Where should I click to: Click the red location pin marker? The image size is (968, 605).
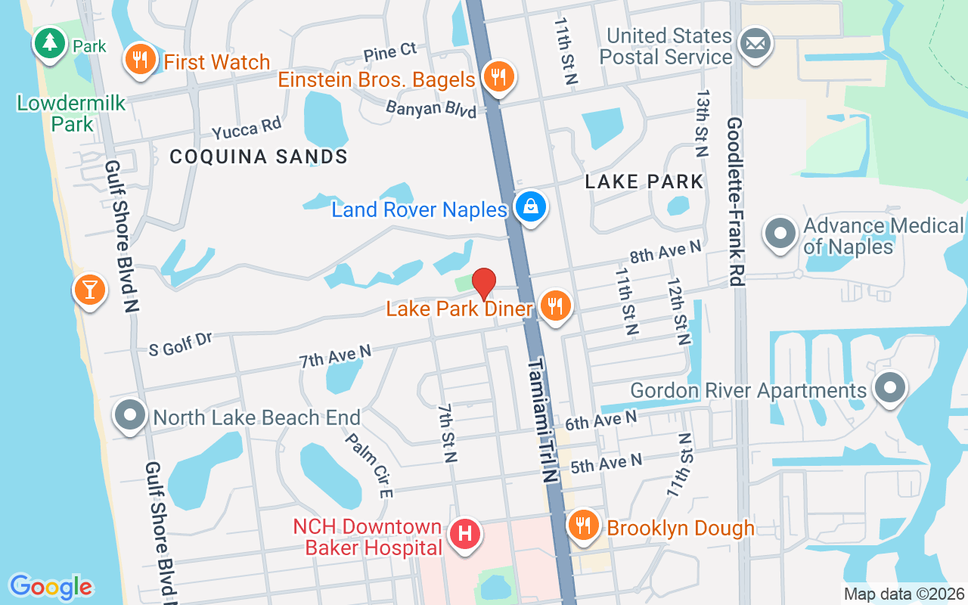pyautogui.click(x=484, y=284)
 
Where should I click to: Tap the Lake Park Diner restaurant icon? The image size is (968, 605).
pyautogui.click(x=556, y=306)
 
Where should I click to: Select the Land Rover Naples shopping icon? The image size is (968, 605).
pyautogui.click(x=531, y=206)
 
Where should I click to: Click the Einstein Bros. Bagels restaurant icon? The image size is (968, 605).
pyautogui.click(x=498, y=76)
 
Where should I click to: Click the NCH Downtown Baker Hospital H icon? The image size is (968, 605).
pyautogui.click(x=465, y=534)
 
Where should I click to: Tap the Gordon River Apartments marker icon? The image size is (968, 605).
pyautogui.click(x=890, y=388)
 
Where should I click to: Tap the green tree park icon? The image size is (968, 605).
pyautogui.click(x=50, y=42)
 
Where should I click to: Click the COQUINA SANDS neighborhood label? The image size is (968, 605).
pyautogui.click(x=259, y=157)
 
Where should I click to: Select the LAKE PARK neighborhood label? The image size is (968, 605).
pyautogui.click(x=644, y=181)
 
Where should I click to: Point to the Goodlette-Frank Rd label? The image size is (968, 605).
pyautogui.click(x=734, y=201)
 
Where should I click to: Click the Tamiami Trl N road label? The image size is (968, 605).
pyautogui.click(x=542, y=420)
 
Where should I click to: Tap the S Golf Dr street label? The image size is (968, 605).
pyautogui.click(x=180, y=344)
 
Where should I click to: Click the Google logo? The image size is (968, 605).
pyautogui.click(x=51, y=587)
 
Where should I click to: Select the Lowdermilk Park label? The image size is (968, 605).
pyautogui.click(x=71, y=113)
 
